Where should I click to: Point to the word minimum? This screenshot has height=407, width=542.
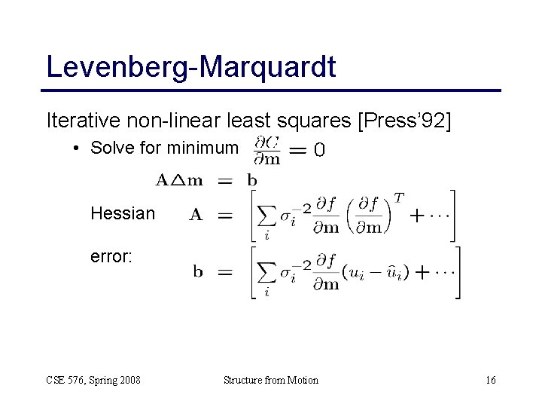[199, 148]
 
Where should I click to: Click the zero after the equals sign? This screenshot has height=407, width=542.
[319, 151]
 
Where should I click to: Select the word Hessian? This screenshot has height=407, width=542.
[123, 214]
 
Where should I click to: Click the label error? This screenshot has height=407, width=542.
[111, 257]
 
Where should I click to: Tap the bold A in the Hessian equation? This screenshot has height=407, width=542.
[196, 215]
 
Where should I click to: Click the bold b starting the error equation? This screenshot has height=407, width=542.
[198, 272]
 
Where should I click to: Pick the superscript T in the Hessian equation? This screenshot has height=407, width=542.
[398, 197]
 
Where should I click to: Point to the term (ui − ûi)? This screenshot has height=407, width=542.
[376, 273]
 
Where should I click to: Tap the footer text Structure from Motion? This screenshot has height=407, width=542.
[271, 380]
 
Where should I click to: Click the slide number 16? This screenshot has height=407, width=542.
[490, 380]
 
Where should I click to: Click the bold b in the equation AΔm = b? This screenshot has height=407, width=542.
[251, 179]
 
